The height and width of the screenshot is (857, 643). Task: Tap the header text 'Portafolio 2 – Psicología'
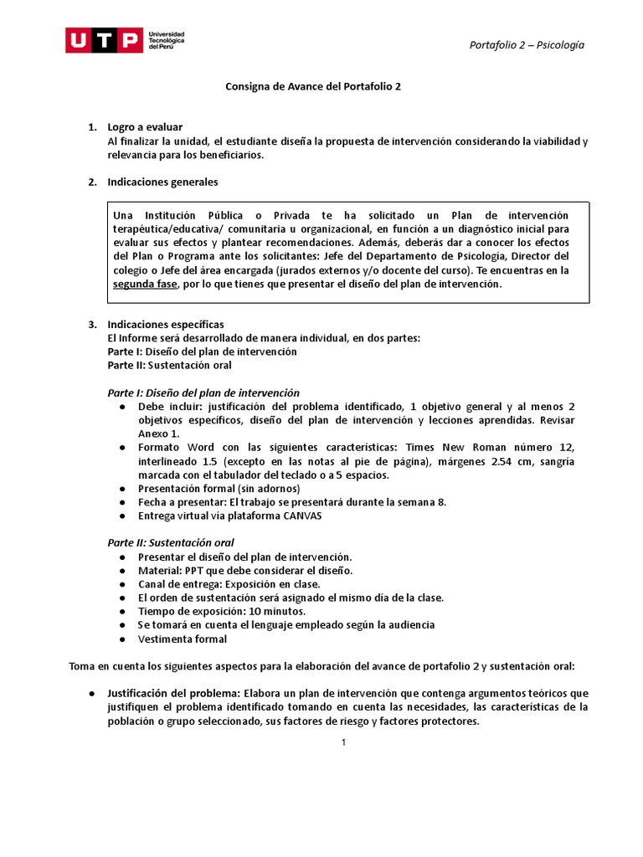(526, 45)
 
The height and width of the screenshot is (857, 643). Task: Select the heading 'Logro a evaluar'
(145, 127)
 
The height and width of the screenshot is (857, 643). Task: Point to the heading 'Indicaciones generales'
(162, 182)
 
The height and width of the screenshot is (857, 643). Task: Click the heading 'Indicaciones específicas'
(166, 324)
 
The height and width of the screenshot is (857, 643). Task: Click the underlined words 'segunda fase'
(146, 284)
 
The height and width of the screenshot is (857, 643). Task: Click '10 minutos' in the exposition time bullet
(254, 611)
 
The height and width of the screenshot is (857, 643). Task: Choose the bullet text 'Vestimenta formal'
(183, 639)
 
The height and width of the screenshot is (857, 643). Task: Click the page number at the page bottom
(343, 742)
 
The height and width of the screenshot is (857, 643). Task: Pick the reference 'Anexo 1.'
(158, 434)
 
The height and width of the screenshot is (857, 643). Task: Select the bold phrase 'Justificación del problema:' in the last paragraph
(173, 694)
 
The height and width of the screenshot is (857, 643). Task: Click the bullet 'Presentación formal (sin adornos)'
(219, 488)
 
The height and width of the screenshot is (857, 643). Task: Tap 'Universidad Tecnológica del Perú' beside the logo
(166, 40)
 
